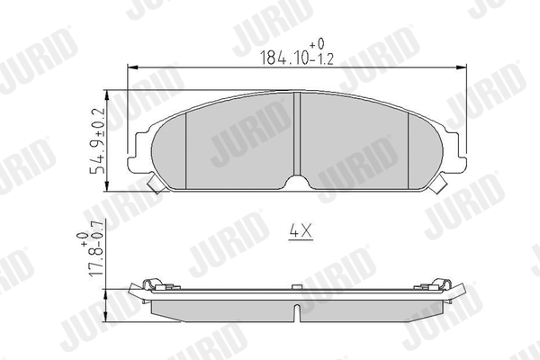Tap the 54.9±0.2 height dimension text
97,141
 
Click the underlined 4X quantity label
301,231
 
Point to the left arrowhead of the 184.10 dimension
132,67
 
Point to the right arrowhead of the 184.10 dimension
461,67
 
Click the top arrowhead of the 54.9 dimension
108,95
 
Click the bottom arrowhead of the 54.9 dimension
108,186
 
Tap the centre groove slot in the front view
297,134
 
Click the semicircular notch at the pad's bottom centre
297,182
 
